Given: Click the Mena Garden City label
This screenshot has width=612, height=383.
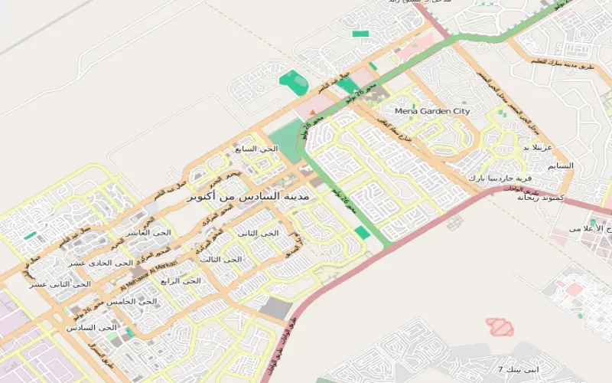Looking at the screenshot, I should tap(432, 111).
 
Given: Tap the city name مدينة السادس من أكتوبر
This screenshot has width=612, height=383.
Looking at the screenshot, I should tap(249, 196).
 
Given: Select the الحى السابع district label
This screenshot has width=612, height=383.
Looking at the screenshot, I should tap(257, 149).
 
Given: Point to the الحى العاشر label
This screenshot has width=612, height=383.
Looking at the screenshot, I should tap(150, 232).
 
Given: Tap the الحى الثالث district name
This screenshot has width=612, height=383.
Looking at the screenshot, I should tap(221, 260).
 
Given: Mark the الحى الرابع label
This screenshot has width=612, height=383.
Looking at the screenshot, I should tap(181, 281).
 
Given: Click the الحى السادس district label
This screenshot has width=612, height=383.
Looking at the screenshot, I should tap(93, 327).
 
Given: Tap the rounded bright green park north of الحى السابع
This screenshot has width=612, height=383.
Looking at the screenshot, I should tap(292, 79).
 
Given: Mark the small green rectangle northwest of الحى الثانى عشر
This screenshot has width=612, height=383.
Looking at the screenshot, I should tap(30, 236).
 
